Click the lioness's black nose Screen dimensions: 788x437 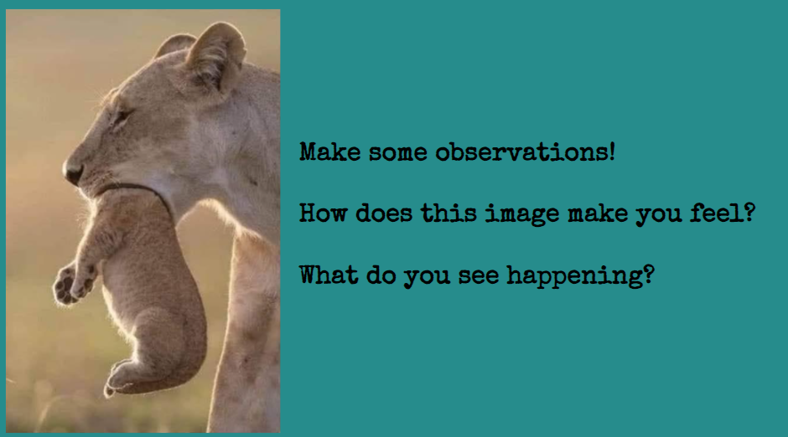(x=73, y=173)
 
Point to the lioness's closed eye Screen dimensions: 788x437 (x=122, y=117)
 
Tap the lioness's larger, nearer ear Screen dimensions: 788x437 (x=215, y=54)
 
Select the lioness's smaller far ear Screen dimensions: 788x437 (x=174, y=45)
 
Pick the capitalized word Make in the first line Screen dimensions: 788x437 (x=329, y=152)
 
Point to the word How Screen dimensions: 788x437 (x=323, y=213)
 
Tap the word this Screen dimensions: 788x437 (x=448, y=213)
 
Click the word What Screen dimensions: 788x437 (x=329, y=275)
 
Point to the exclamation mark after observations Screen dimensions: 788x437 (x=612, y=152)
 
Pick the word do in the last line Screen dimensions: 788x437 (x=381, y=275)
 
